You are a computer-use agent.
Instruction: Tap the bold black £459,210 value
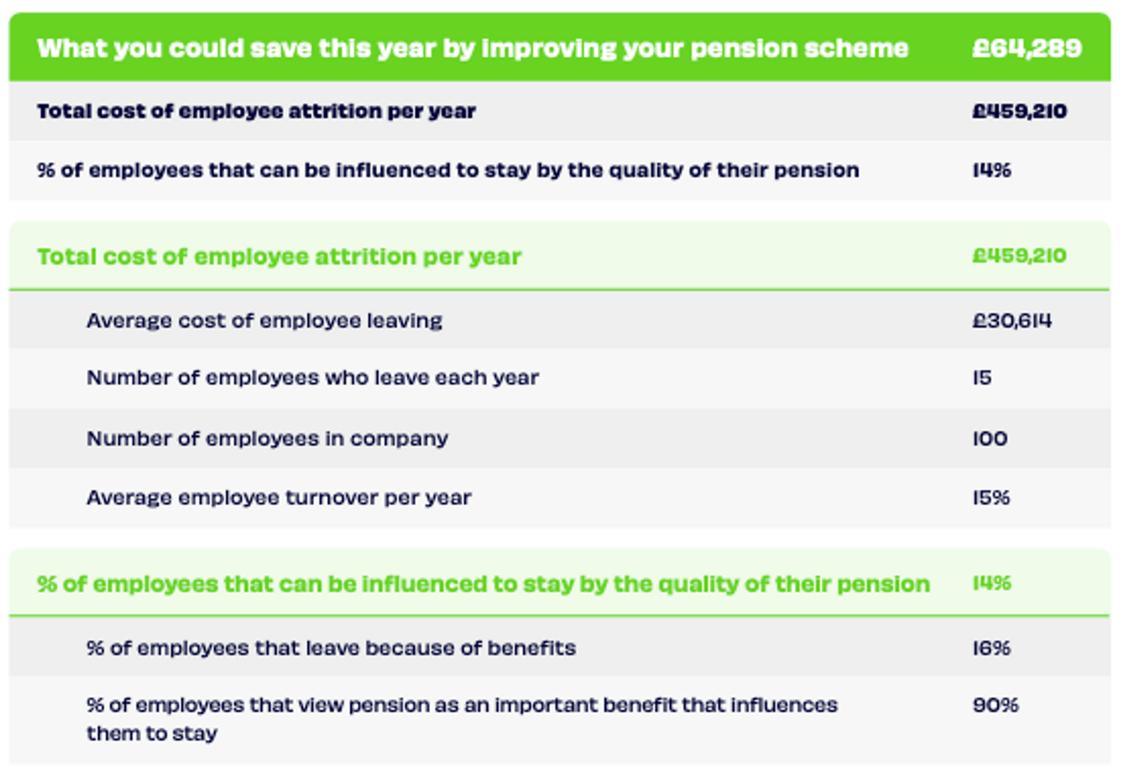[x=1019, y=111]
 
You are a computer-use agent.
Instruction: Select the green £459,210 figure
[x=1019, y=255]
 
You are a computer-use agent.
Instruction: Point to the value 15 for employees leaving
[x=982, y=377]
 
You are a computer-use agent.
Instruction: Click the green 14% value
[x=991, y=583]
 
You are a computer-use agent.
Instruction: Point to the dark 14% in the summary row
[x=991, y=170]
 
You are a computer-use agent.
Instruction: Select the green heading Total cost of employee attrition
[x=279, y=256]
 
